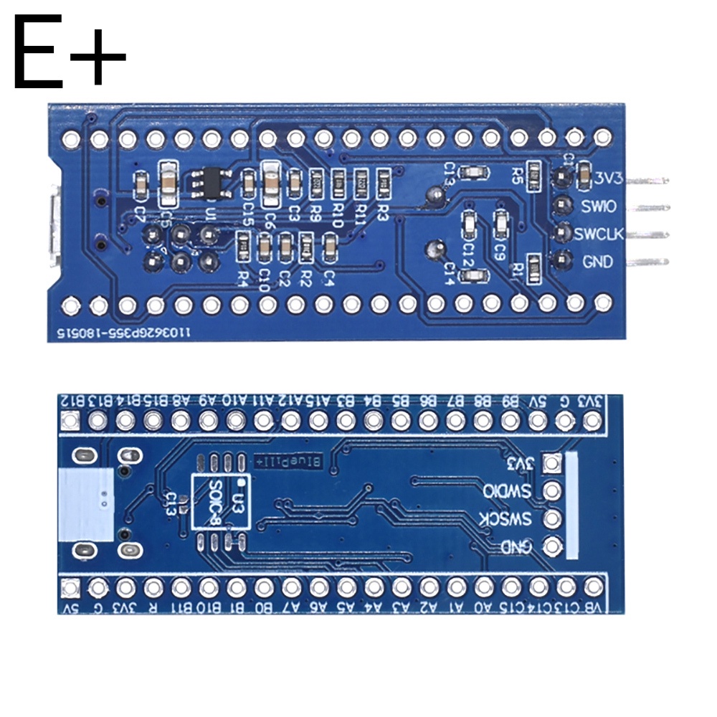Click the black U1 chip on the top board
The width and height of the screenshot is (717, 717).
pyautogui.click(x=211, y=182)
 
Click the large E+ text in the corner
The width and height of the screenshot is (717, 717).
pyautogui.click(x=69, y=54)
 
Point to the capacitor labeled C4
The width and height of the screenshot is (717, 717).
pyautogui.click(x=330, y=248)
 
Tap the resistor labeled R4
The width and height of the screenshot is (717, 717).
pyautogui.click(x=243, y=248)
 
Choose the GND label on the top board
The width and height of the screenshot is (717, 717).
pyautogui.click(x=597, y=262)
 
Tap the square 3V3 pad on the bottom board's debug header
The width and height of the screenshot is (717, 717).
pyautogui.click(x=551, y=463)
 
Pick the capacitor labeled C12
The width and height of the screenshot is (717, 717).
pyautogui.click(x=469, y=224)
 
